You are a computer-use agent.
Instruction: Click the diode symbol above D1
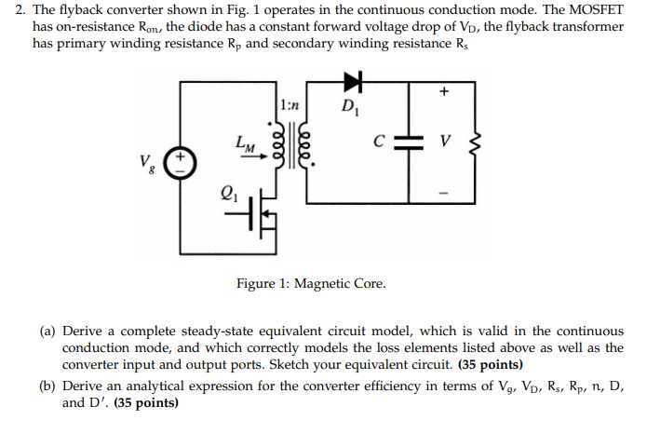click(354, 81)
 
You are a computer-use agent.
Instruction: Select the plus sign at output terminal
click(444, 91)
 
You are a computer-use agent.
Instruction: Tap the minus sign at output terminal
click(444, 194)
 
